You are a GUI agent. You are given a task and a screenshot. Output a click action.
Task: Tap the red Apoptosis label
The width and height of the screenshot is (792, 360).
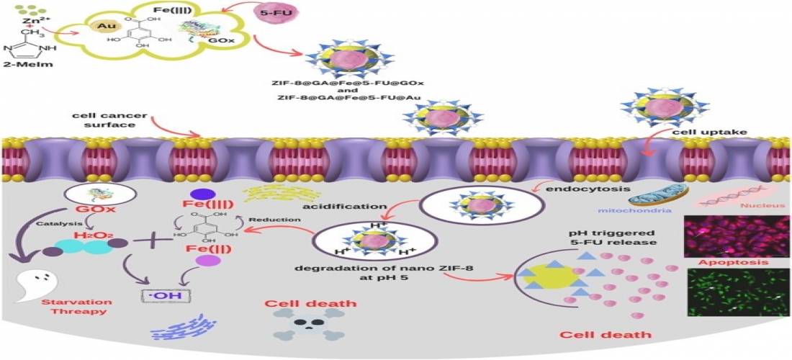(x=734, y=262)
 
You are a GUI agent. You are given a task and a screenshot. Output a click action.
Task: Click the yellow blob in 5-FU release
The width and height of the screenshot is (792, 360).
(x=547, y=276)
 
